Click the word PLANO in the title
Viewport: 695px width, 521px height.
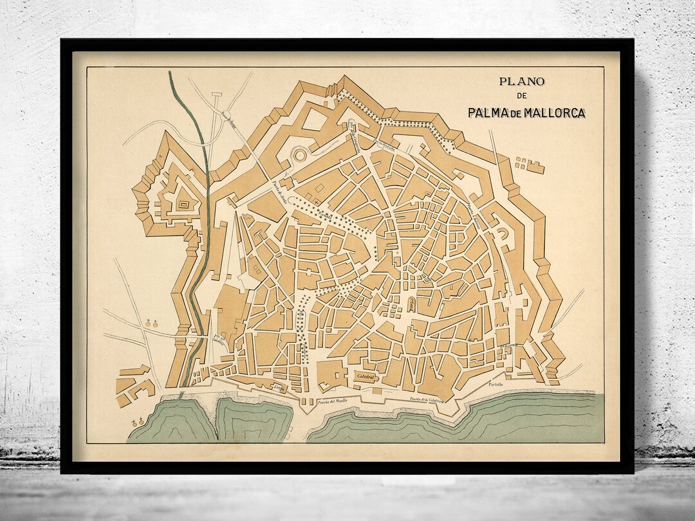pos(523,82)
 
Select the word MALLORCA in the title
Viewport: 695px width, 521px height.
pos(555,113)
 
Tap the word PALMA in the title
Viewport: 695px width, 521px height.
pos(490,113)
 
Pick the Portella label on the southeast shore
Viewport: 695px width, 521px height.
pos(496,385)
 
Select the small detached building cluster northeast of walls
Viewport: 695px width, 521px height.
pos(530,164)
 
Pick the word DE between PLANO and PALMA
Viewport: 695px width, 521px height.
pos(522,96)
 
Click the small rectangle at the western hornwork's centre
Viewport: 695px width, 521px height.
pos(183,205)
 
